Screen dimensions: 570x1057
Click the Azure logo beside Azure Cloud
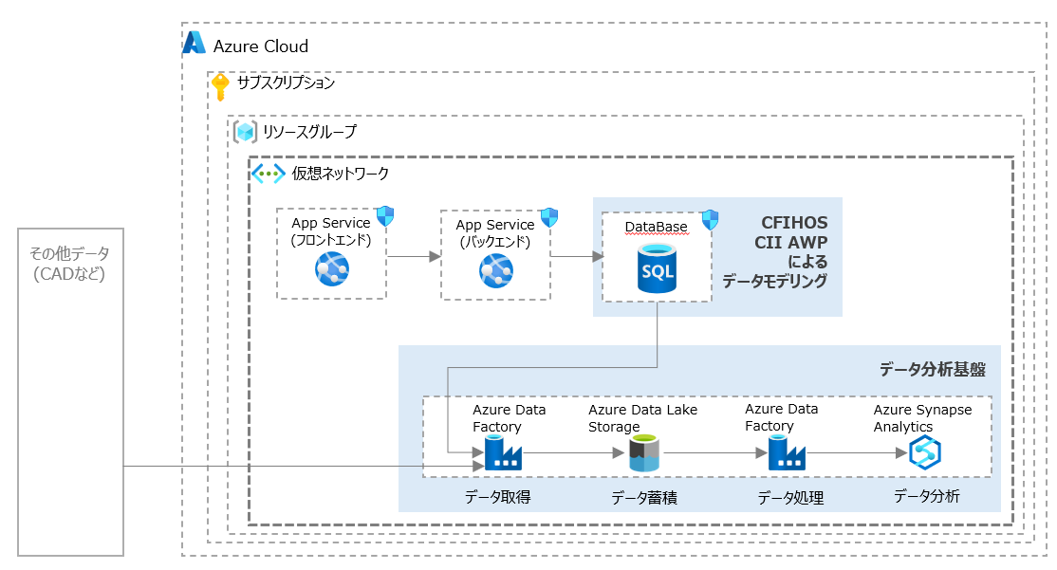(x=195, y=43)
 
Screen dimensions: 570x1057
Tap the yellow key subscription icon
(x=220, y=86)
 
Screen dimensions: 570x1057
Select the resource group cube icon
(x=247, y=132)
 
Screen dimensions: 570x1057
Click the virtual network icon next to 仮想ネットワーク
(x=268, y=174)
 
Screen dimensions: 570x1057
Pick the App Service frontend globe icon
(x=332, y=270)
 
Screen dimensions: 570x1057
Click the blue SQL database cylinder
(x=657, y=268)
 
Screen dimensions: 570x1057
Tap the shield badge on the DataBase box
(x=710, y=221)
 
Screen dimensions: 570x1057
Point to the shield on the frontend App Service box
(x=384, y=216)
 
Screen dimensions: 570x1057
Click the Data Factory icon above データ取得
(x=503, y=454)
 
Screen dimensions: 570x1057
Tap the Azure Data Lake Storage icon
(x=644, y=453)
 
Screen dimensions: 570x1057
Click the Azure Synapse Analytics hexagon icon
(x=923, y=453)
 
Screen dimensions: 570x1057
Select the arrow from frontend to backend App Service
(x=414, y=256)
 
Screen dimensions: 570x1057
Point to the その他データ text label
(x=69, y=253)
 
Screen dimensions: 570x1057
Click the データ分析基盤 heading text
(x=932, y=369)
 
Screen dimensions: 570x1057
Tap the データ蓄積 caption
(x=643, y=498)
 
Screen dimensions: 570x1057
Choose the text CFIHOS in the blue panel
(x=794, y=223)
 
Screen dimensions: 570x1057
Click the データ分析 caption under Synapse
(x=926, y=496)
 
